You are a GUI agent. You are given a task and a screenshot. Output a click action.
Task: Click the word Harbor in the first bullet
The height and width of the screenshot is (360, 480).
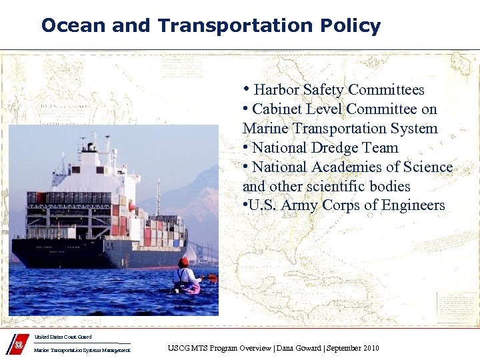[x=277, y=90]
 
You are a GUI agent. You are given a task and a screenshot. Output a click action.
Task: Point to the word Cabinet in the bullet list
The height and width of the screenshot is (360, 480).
[x=275, y=109]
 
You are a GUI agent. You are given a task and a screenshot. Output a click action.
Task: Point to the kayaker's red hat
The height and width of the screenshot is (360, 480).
[x=183, y=262]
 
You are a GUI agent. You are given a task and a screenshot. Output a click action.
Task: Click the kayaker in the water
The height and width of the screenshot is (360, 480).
[x=185, y=277]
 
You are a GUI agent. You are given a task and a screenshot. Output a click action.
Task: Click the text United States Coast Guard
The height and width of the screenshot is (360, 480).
[x=63, y=337]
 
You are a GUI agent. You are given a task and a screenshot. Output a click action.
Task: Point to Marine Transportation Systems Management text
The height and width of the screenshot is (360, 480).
[x=81, y=350]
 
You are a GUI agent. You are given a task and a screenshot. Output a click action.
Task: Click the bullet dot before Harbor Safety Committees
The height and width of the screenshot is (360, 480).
[x=247, y=89]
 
